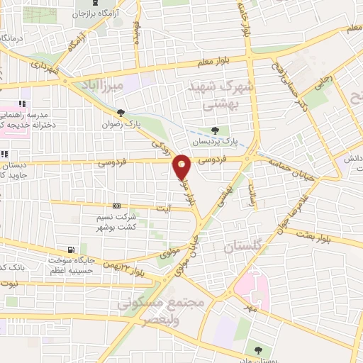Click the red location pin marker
(182, 167)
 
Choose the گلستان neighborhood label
(247, 247)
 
